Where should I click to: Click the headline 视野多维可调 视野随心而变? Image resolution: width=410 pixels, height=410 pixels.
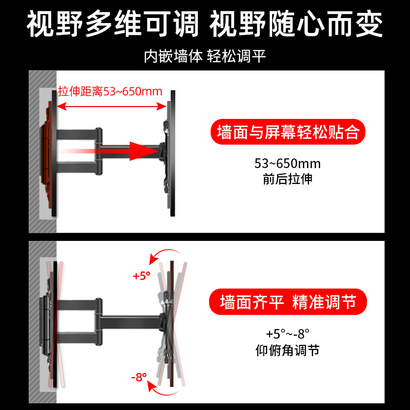205,24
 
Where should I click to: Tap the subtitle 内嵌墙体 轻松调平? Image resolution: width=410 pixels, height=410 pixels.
205,56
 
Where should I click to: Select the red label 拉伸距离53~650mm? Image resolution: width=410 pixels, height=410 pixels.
110,92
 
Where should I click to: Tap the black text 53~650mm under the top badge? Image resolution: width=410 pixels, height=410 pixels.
288,164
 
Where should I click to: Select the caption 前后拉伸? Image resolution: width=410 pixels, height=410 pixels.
288,179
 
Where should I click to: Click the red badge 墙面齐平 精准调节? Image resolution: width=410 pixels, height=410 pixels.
288,302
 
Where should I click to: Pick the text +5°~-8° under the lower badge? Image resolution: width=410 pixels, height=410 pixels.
288,335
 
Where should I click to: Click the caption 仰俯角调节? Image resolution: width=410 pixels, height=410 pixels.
288,351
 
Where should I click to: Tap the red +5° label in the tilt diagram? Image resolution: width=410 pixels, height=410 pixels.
141,276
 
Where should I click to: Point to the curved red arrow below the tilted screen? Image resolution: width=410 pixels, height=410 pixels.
164,392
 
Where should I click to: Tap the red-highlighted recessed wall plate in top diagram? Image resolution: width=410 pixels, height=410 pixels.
46,149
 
